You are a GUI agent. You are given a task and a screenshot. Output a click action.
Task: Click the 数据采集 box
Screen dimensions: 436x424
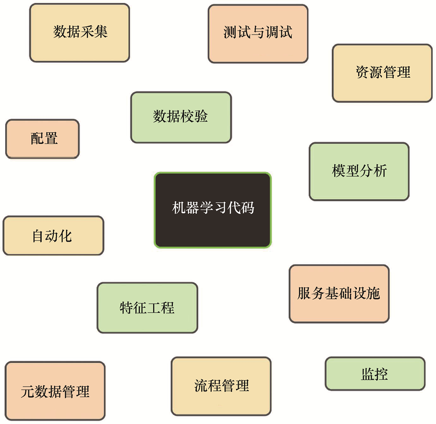(x=80, y=33)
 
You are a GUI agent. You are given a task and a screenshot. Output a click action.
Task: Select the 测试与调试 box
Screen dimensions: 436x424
(x=258, y=34)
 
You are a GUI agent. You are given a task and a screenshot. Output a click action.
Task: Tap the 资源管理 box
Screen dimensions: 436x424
(x=382, y=73)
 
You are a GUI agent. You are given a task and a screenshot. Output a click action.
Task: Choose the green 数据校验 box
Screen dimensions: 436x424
(x=181, y=117)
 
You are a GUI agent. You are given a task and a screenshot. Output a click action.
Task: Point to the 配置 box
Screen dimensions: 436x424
(x=43, y=139)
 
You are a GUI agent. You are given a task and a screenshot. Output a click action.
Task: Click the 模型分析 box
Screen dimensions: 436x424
(x=359, y=171)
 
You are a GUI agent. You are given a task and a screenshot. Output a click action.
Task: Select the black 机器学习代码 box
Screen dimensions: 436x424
(x=213, y=210)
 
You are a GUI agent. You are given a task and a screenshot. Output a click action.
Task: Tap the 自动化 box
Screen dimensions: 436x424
(x=53, y=235)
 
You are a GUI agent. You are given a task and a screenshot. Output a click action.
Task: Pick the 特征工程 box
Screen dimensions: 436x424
(x=147, y=308)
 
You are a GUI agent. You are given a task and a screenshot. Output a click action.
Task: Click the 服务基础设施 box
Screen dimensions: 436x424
(x=339, y=294)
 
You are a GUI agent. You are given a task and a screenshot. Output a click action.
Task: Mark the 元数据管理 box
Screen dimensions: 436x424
(x=55, y=391)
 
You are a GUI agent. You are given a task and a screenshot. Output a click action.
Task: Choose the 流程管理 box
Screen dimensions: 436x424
(x=221, y=386)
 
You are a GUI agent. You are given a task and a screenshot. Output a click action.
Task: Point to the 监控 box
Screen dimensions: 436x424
(x=375, y=374)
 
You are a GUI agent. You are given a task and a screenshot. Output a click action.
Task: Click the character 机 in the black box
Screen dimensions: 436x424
(x=179, y=208)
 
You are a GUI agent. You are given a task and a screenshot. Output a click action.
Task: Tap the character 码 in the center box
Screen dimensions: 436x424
(x=247, y=208)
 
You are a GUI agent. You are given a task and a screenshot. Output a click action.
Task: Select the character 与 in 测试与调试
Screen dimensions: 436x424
(x=258, y=32)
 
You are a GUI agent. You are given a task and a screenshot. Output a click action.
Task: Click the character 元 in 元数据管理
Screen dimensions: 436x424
(x=27, y=392)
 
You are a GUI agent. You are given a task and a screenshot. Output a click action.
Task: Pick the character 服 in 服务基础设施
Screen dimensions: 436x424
(x=304, y=293)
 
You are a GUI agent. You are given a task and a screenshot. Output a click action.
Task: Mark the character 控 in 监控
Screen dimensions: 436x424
(x=381, y=374)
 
